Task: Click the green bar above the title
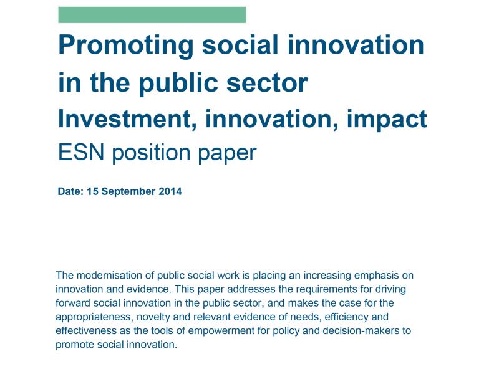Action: (152, 14)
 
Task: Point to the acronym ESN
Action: (81, 152)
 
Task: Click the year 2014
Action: (170, 191)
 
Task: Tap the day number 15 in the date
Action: (92, 191)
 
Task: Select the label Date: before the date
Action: (70, 191)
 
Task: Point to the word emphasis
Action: (377, 276)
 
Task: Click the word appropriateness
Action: (93, 317)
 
